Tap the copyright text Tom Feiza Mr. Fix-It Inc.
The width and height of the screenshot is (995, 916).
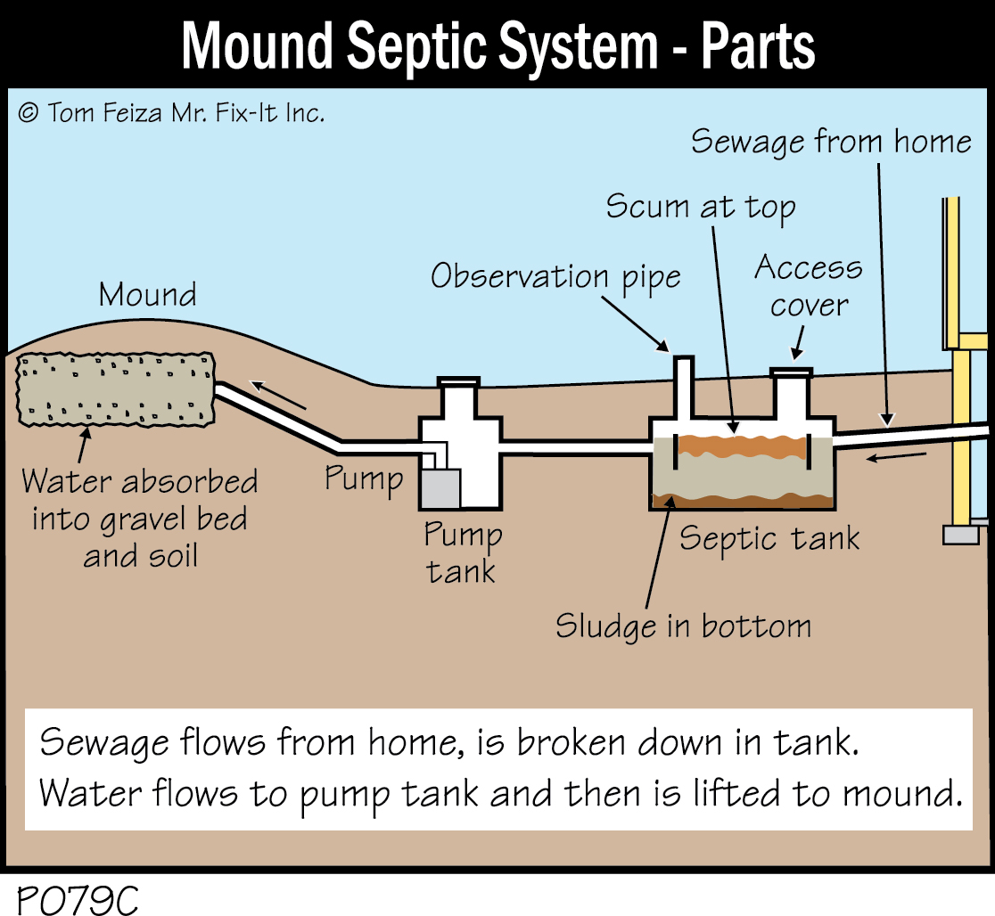tap(170, 113)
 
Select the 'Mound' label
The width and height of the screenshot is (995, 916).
tap(148, 294)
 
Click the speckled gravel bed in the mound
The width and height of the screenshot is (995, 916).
tap(116, 388)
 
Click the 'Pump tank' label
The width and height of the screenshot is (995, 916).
tap(462, 552)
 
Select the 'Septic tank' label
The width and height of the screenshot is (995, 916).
tap(769, 539)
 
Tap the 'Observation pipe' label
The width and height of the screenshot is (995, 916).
tap(555, 277)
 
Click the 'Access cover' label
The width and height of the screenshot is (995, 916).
tap(809, 286)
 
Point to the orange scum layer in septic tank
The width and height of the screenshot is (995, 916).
tap(741, 443)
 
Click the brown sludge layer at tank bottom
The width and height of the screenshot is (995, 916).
tap(741, 501)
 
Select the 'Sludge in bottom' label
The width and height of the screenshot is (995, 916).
tap(683, 626)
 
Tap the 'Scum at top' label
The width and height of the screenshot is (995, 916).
tap(700, 207)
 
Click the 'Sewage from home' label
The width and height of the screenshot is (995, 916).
tap(831, 141)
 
